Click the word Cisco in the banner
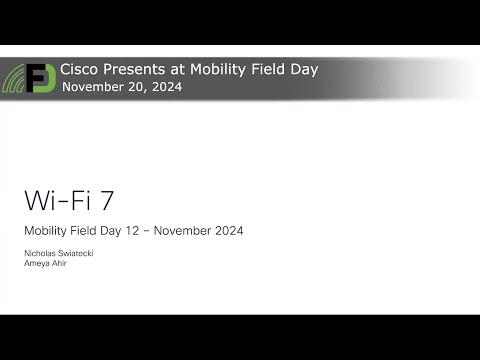(80, 70)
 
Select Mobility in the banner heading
(219, 70)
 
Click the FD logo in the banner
(40, 78)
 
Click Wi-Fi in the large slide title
(53, 198)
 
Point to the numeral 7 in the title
(107, 198)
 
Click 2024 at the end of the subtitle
(228, 231)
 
